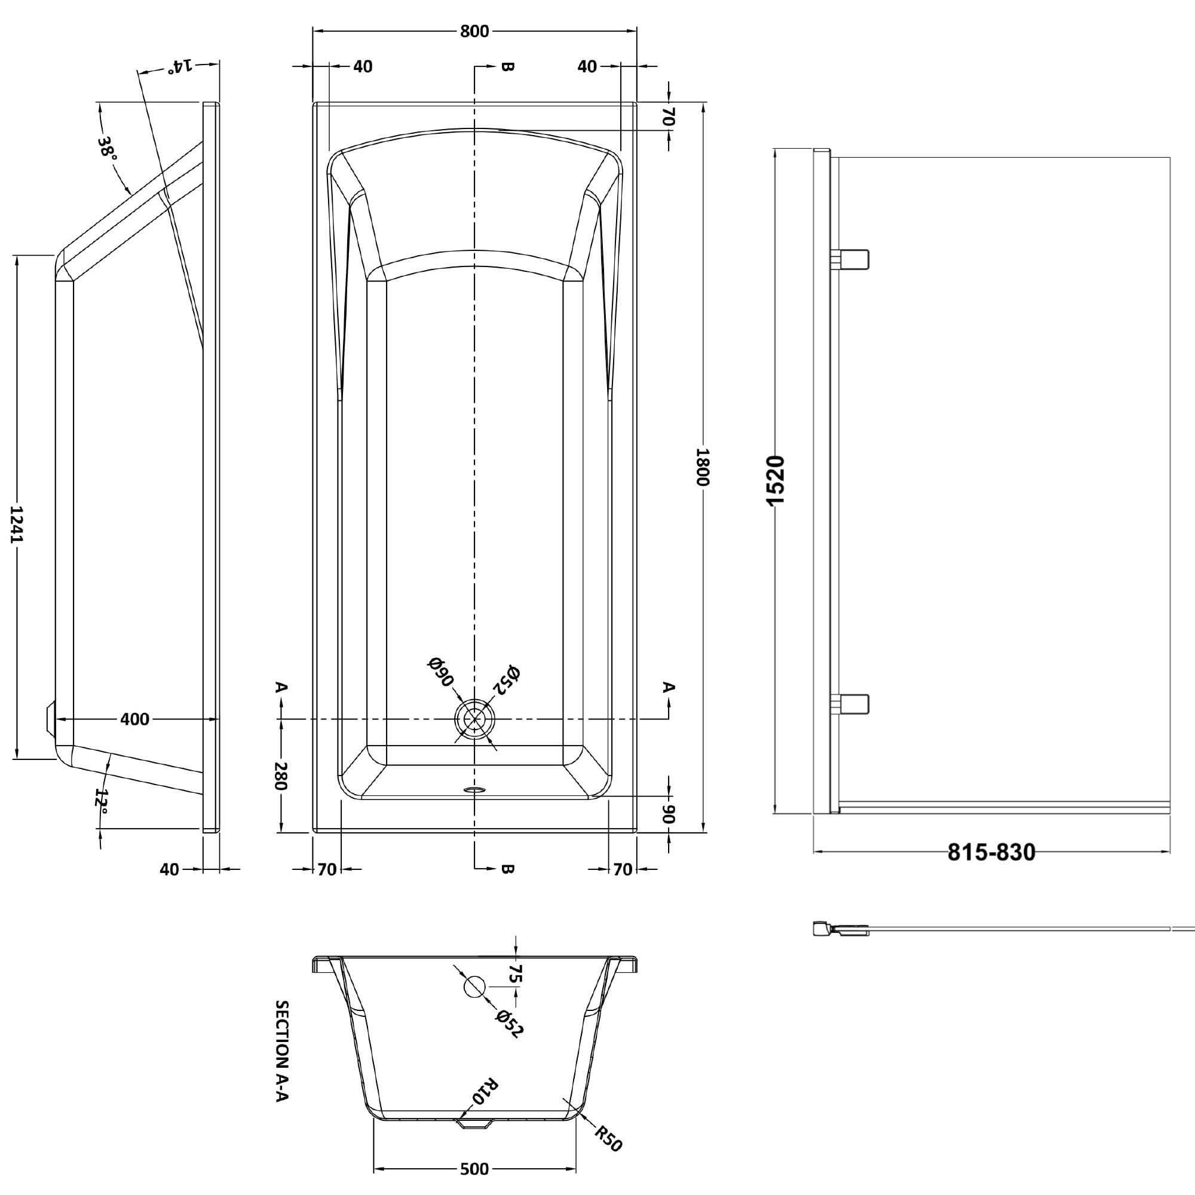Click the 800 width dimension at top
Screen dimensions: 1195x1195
coord(474,31)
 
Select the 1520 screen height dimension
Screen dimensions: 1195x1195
coord(776,480)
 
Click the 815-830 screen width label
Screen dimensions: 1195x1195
coord(991,853)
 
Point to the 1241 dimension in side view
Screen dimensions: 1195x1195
coord(17,524)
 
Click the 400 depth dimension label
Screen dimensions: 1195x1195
coord(134,719)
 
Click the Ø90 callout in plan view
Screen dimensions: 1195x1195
coord(440,672)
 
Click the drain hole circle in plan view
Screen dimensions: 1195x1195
coord(474,719)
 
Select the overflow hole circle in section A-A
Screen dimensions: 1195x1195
coord(474,986)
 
